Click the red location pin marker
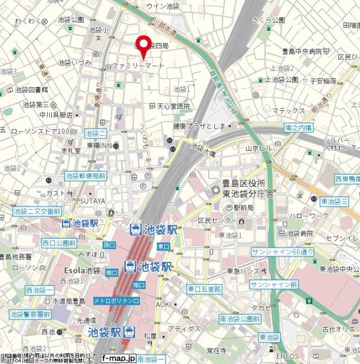point(143,46)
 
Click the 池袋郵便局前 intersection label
point(85,176)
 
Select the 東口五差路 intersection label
point(204,289)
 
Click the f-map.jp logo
point(118,358)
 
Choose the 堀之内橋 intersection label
point(298,127)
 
